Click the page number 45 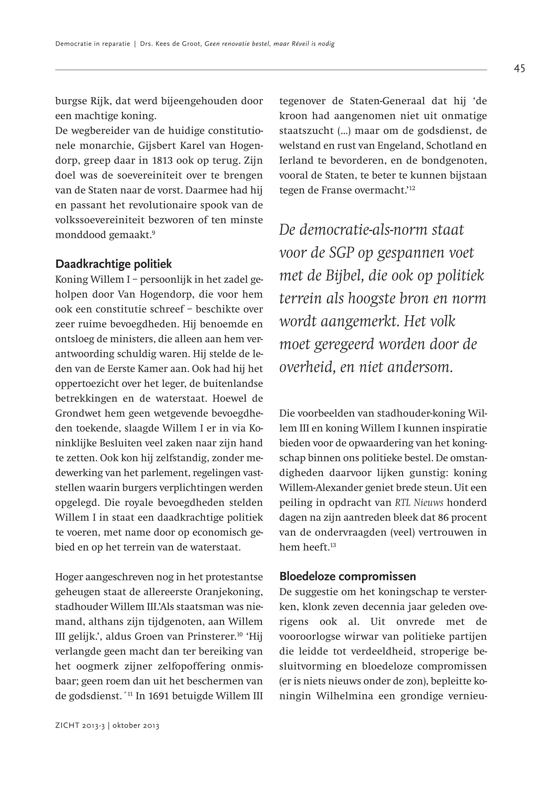coord(519,68)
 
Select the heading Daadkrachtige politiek coord(113,264)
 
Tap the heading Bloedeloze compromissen coord(348,576)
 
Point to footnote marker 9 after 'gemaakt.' coord(153,232)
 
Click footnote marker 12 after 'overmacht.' coord(412,188)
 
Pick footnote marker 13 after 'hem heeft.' coord(333,545)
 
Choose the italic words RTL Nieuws coord(419,503)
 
